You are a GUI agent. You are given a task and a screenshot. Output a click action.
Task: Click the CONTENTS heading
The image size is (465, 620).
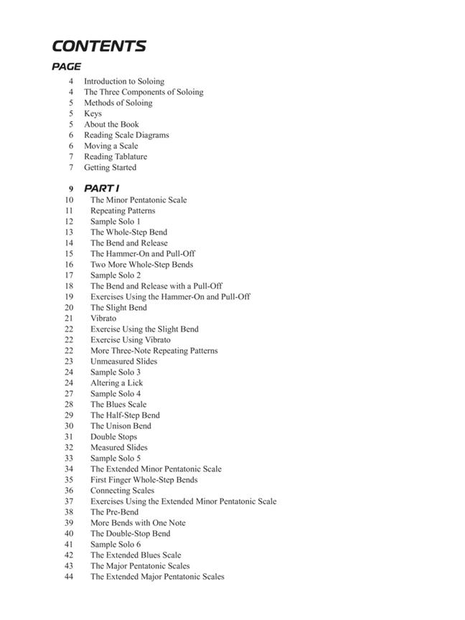99,47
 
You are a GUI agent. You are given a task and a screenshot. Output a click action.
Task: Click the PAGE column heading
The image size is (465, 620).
67,67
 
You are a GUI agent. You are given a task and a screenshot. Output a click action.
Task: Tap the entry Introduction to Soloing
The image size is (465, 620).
123,81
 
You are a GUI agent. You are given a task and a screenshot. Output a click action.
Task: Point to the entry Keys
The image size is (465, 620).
93,113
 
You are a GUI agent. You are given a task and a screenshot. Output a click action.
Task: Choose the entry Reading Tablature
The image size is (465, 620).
115,156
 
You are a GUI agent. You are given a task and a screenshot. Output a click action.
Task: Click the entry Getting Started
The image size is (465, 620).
110,167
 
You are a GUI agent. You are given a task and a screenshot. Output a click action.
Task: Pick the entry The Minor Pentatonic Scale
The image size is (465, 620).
138,199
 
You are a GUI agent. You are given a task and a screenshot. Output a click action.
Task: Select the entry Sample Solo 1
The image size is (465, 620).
115,221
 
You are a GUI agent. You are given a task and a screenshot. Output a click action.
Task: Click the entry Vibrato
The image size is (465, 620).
103,318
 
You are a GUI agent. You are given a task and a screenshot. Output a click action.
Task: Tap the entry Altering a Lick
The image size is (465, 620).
117,382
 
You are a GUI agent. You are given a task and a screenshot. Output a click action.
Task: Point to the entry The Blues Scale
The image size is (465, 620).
118,404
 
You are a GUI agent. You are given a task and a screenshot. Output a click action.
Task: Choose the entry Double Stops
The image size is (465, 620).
113,436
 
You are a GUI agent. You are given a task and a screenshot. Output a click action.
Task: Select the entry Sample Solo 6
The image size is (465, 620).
115,544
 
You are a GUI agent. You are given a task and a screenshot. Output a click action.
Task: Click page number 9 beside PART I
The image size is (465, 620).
71,189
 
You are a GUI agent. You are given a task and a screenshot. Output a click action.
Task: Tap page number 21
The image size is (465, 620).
69,318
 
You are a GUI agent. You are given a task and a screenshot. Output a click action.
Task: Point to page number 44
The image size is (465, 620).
69,576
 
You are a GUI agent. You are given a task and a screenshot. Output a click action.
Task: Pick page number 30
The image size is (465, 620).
69,426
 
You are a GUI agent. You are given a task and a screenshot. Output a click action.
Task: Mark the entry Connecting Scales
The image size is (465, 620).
122,490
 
